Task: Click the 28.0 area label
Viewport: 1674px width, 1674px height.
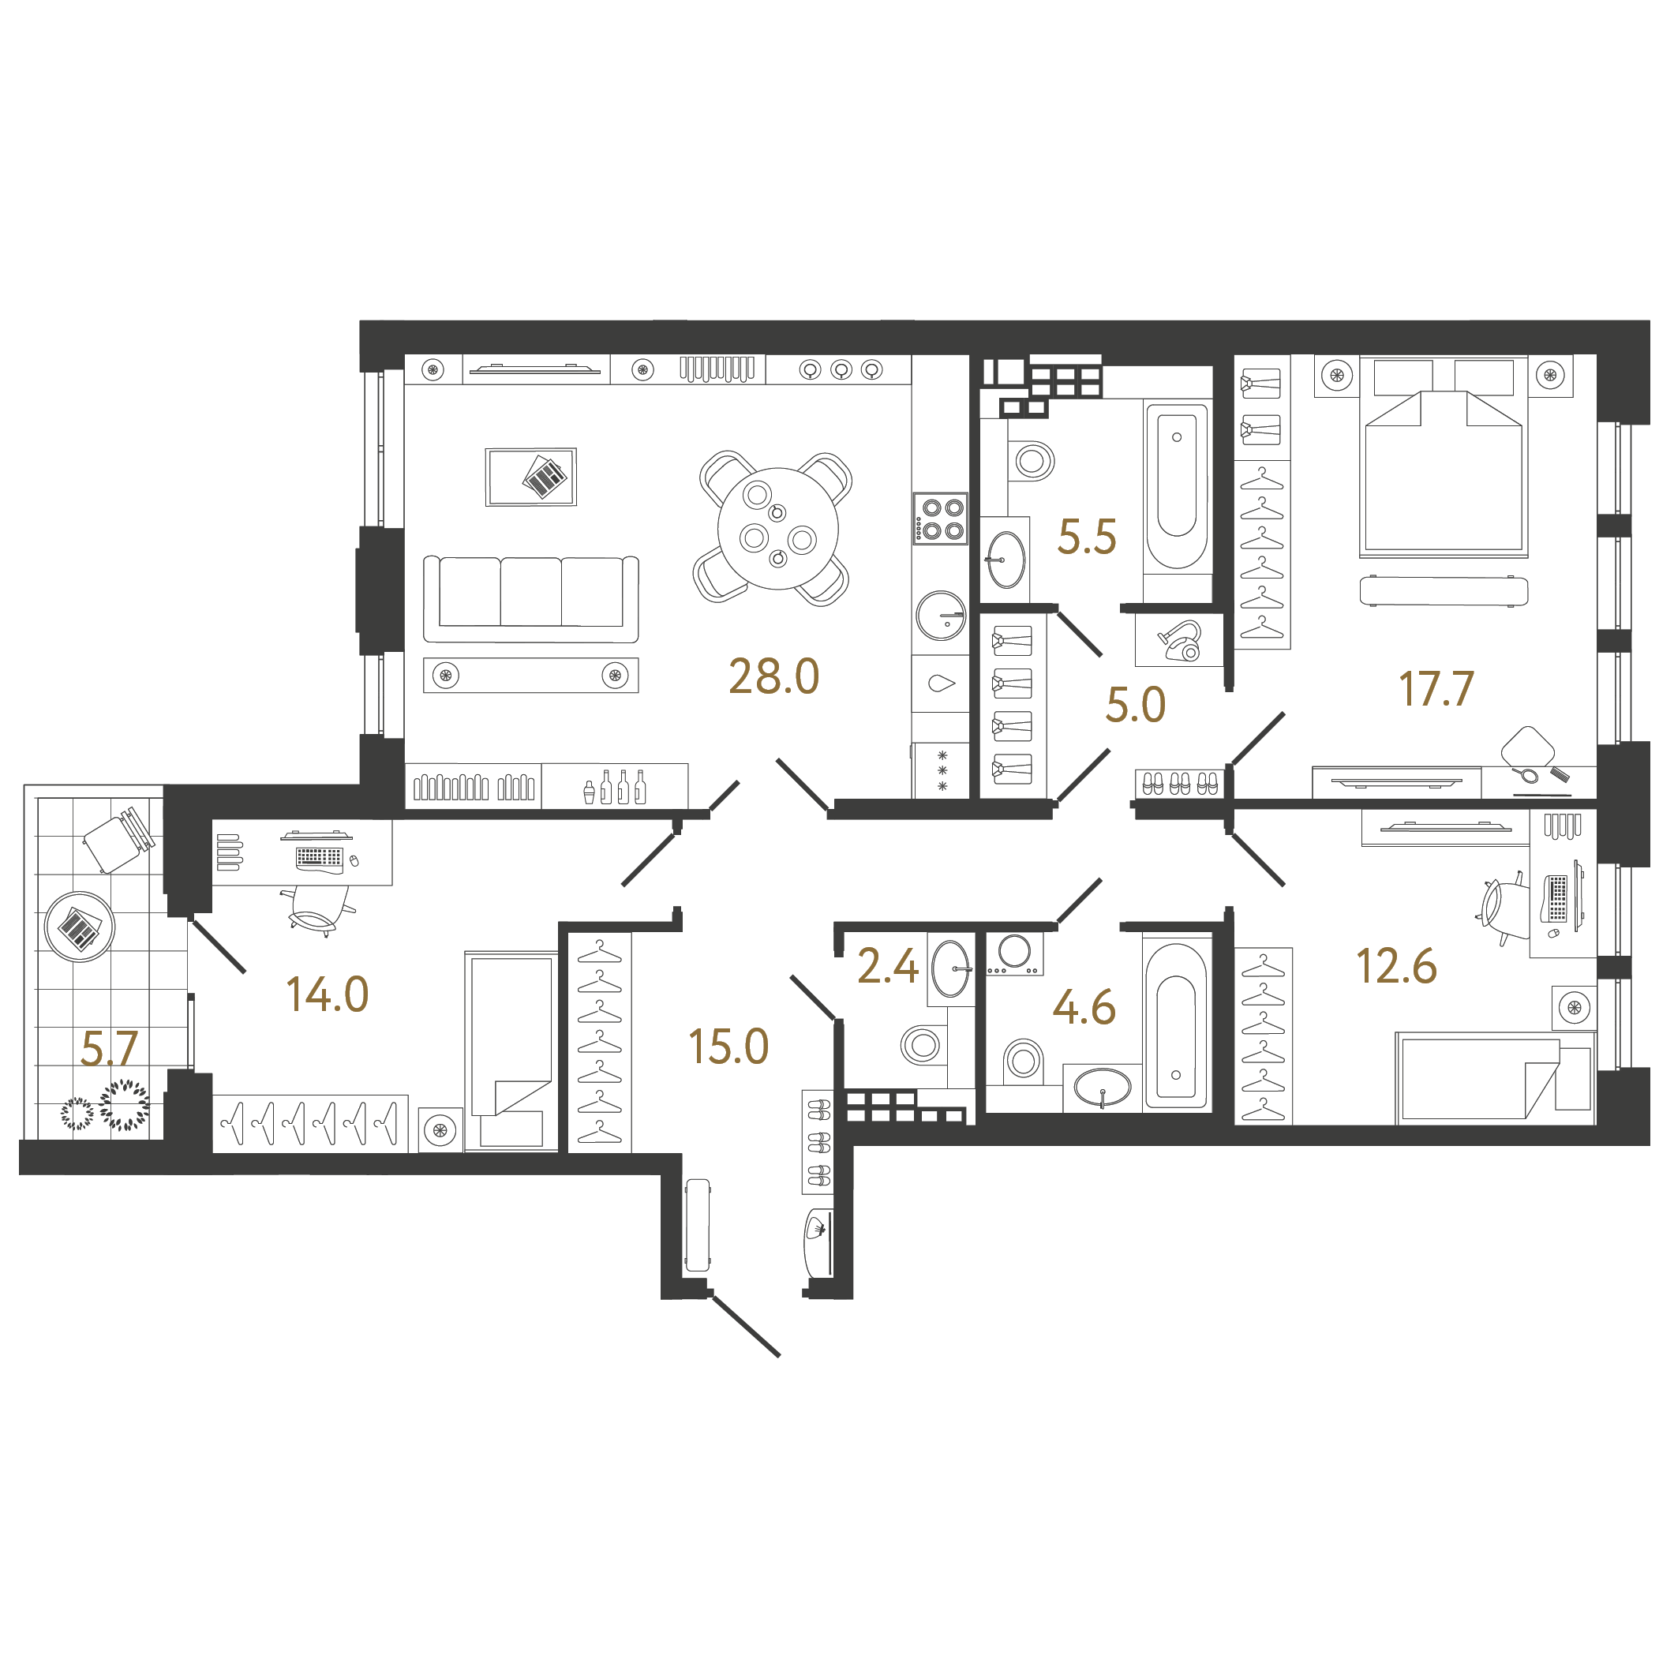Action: (773, 676)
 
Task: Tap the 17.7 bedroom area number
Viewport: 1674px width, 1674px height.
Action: (1436, 689)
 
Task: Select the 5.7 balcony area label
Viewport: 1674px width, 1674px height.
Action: (109, 1048)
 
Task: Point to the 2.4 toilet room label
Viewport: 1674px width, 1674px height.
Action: (887, 966)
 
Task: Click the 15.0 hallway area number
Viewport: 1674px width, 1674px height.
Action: (728, 1047)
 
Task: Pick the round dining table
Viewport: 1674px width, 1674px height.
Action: (778, 529)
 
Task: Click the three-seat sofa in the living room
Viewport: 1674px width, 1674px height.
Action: (531, 599)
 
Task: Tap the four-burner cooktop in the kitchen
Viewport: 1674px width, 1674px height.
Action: (940, 518)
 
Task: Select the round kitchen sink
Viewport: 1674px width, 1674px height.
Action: (941, 615)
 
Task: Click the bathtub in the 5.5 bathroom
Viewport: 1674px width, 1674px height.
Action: (1177, 488)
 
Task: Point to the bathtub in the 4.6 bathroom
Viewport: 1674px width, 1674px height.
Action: (1176, 1026)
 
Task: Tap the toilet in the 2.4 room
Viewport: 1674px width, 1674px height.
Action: (923, 1045)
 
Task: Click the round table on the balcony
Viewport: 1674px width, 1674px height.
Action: (80, 927)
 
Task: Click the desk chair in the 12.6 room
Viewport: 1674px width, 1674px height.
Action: (1505, 904)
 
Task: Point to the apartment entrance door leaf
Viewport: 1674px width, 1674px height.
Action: (745, 1325)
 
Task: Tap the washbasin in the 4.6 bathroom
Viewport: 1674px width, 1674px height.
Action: (1102, 1088)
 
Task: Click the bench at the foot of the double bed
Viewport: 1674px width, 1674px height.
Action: (1444, 591)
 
